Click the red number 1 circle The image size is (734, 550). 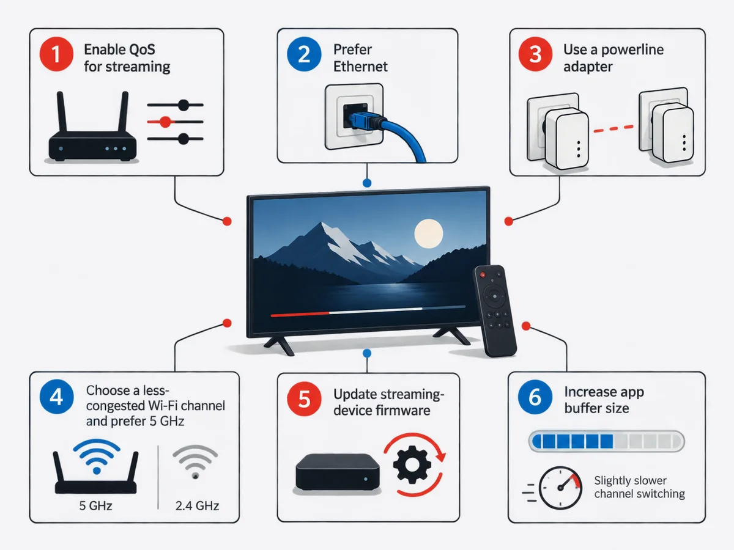tap(56, 54)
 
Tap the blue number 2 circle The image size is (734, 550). tap(304, 54)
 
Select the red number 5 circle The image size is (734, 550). tap(304, 398)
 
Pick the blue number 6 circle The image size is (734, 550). tap(535, 397)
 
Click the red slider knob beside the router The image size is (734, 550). tap(165, 122)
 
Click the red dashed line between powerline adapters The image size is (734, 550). tap(614, 129)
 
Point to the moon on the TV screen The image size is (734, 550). tap(428, 233)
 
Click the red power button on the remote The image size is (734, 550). tap(482, 275)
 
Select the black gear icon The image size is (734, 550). tap(412, 464)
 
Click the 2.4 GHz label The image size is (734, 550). tap(198, 506)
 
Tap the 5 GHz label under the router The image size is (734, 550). tap(95, 505)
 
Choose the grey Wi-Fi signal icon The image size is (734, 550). tap(195, 462)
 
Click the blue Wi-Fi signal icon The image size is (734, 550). tap(97, 456)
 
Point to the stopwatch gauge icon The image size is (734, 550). tap(560, 488)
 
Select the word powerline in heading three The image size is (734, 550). tap(632, 50)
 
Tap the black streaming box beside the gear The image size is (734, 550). tap(338, 472)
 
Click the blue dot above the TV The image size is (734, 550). tap(367, 183)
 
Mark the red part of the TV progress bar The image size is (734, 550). tap(300, 314)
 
